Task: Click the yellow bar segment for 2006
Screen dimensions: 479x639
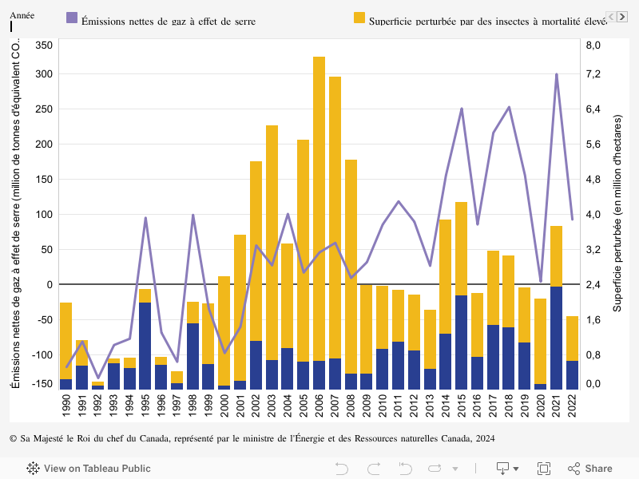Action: pyautogui.click(x=319, y=208)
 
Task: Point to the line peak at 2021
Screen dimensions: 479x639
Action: pyautogui.click(x=556, y=74)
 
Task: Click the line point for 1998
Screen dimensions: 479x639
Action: pyautogui.click(x=192, y=215)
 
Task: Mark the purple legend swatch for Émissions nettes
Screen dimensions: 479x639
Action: pyautogui.click(x=72, y=17)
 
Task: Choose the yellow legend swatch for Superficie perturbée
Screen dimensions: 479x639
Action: pyautogui.click(x=359, y=17)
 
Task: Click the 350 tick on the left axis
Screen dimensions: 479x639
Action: pyautogui.click(x=44, y=46)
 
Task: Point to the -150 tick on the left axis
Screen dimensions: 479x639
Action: pyautogui.click(x=42, y=384)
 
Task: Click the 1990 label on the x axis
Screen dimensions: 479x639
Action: pyautogui.click(x=65, y=402)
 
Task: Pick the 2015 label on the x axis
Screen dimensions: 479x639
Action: pyautogui.click(x=461, y=402)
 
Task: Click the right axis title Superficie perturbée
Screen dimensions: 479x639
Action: pyautogui.click(x=617, y=212)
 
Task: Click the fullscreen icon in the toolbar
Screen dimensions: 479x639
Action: pyautogui.click(x=544, y=469)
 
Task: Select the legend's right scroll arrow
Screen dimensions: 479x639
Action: pyautogui.click(x=622, y=17)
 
